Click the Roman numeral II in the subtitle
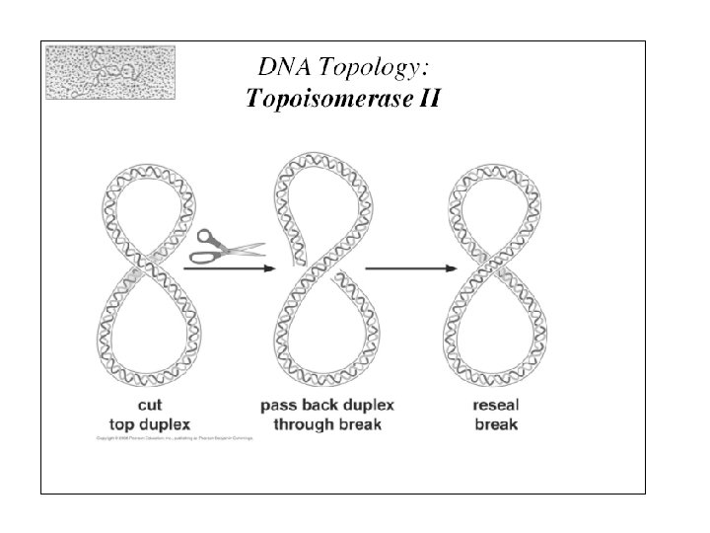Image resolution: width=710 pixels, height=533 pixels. (x=426, y=98)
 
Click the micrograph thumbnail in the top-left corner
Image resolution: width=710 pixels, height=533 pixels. (x=110, y=72)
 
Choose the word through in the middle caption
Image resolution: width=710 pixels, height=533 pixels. (x=297, y=424)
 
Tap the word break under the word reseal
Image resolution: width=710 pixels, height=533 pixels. (x=496, y=424)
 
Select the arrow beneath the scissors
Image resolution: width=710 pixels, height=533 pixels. (x=226, y=266)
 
